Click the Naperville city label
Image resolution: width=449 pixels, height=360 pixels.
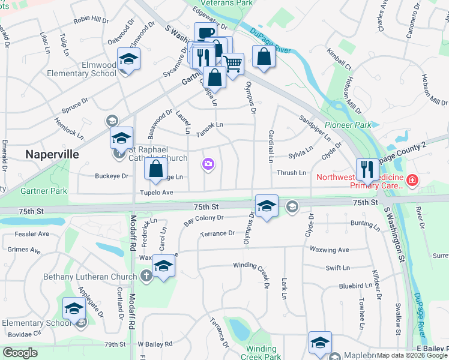point(52,154)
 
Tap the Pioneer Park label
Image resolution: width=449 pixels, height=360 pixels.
point(348,125)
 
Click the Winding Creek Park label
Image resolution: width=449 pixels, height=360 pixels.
point(261,353)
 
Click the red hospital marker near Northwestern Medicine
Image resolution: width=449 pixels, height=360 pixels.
point(412,179)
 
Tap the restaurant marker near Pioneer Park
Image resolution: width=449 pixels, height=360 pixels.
point(366,170)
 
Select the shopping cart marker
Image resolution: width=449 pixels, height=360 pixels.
point(232,62)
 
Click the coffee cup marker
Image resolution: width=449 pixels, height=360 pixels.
point(205,33)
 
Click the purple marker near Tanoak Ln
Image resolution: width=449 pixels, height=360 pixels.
point(208,164)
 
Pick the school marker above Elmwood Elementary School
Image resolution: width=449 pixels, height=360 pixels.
point(128,58)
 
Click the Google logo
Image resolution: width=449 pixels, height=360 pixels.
point(20,353)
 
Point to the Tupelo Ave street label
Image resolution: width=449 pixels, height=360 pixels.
point(157,193)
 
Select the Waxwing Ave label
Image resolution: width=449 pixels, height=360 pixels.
point(329,250)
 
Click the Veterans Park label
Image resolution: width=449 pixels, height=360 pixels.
point(220,3)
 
